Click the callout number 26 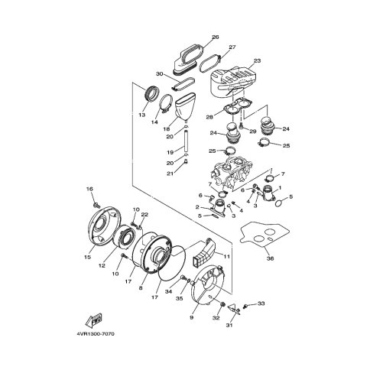click(x=216, y=37)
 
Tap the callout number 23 click(x=258, y=60)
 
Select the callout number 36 click(x=270, y=258)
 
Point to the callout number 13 click(x=142, y=115)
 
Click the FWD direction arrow click(x=94, y=320)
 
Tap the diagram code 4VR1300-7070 click(x=96, y=334)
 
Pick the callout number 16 click(x=89, y=189)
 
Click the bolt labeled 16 click(x=96, y=204)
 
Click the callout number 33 click(x=261, y=303)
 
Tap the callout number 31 click(x=229, y=325)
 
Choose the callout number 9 click(x=192, y=317)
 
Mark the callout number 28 click(x=209, y=117)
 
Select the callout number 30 click(x=159, y=74)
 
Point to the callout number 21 click(x=170, y=174)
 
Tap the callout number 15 click(x=87, y=258)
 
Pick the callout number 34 click(x=169, y=291)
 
